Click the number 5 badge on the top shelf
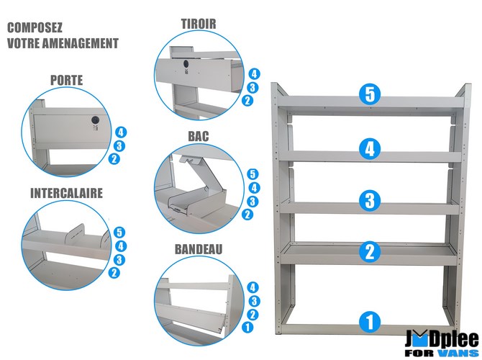pyautogui.click(x=370, y=94)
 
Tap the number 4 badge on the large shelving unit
pyautogui.click(x=370, y=148)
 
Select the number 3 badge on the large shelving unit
pyautogui.click(x=370, y=201)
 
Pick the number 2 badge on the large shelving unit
pyautogui.click(x=370, y=251)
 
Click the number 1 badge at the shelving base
pyautogui.click(x=370, y=322)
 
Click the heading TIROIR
pyautogui.click(x=199, y=24)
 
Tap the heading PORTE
pyautogui.click(x=67, y=81)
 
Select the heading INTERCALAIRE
pyautogui.click(x=66, y=193)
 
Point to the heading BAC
pyautogui.click(x=199, y=136)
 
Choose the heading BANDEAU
pyautogui.click(x=199, y=249)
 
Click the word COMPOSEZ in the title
pyautogui.click(x=35, y=27)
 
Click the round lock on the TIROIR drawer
pyautogui.click(x=186, y=63)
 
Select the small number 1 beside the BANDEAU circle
pyautogui.click(x=247, y=327)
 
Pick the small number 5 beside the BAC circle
pyautogui.click(x=253, y=174)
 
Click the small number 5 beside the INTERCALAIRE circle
pyautogui.click(x=119, y=233)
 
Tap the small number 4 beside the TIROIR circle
pyautogui.click(x=254, y=74)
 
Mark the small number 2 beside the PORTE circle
pyautogui.click(x=114, y=159)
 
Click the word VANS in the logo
pyautogui.click(x=459, y=353)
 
